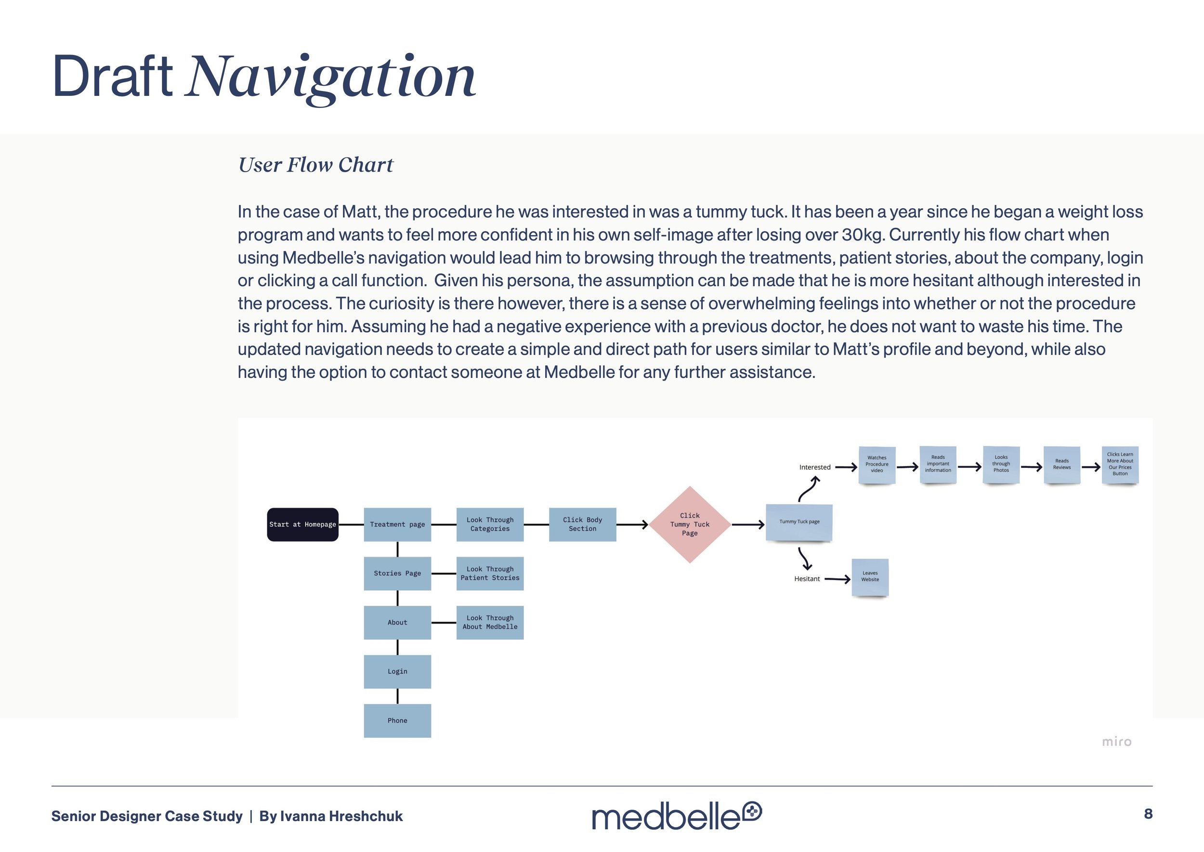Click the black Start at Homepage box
point(302,524)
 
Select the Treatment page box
point(397,524)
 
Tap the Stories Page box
point(397,573)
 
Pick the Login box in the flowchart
point(397,671)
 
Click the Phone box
point(397,720)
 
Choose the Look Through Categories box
point(490,524)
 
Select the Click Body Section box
point(582,524)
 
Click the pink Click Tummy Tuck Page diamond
point(690,524)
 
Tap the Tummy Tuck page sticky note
point(798,522)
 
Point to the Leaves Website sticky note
point(869,576)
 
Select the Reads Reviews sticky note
point(1061,464)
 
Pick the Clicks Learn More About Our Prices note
point(1120,464)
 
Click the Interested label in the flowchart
point(814,467)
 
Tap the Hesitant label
point(807,579)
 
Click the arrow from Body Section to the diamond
point(632,524)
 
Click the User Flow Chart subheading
point(315,165)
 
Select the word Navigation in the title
point(331,77)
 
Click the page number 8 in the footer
point(1148,814)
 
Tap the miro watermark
point(1116,741)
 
